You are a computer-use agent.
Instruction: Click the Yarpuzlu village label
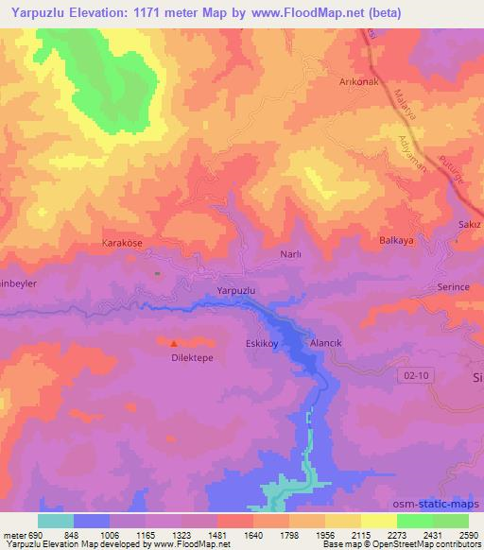[237, 291]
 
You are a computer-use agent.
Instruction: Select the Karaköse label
[122, 243]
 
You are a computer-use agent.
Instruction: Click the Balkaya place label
[396, 241]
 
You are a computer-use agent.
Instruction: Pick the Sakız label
[469, 225]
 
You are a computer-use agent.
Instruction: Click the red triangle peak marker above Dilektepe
[174, 342]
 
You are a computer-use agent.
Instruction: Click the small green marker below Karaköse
[157, 274]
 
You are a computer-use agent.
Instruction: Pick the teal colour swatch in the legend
[55, 521]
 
